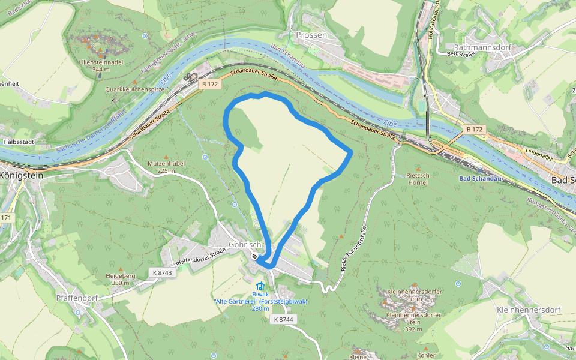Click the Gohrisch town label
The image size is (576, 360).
click(x=244, y=245)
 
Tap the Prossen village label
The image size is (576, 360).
click(x=311, y=35)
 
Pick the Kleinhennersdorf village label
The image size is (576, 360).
click(x=529, y=310)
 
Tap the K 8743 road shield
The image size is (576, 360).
click(x=162, y=272)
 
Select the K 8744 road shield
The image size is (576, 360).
click(x=283, y=319)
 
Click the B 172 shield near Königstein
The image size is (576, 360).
click(x=210, y=85)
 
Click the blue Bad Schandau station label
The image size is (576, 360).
click(x=480, y=179)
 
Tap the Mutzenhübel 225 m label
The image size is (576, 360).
click(x=166, y=166)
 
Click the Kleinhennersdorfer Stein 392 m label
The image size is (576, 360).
click(x=414, y=322)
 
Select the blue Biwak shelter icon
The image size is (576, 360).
click(x=260, y=286)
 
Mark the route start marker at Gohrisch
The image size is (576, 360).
click(x=255, y=257)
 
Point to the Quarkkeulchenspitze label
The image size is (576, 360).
click(x=134, y=89)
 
